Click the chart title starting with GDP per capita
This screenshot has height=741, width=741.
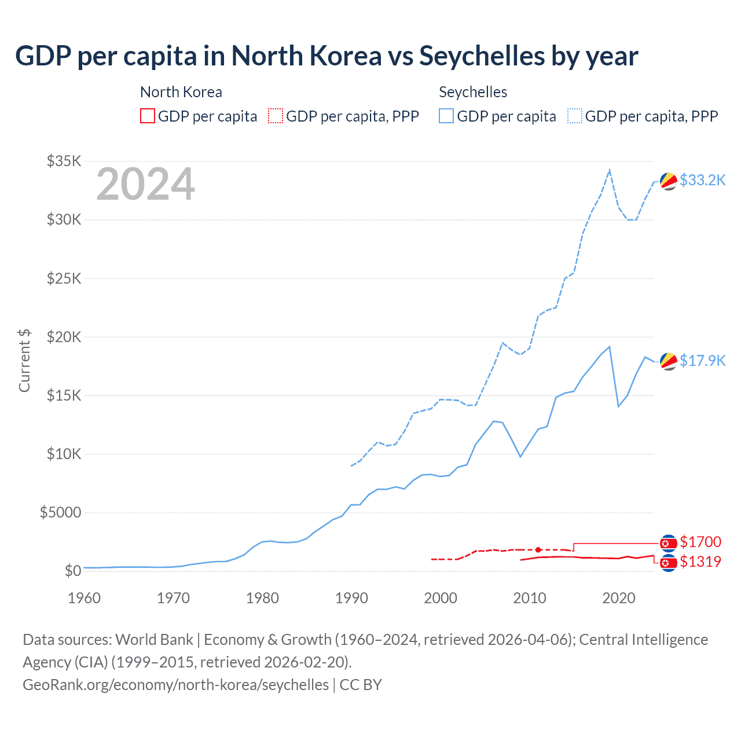(327, 56)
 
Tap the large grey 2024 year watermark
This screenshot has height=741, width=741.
(145, 185)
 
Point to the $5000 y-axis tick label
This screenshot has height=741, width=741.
(60, 512)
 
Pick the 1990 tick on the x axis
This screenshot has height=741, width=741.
(351, 598)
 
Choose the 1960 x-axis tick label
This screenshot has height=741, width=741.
(85, 598)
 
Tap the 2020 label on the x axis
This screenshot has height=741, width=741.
(618, 598)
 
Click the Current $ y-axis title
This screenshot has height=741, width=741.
(24, 360)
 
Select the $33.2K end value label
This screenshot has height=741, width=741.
(702, 181)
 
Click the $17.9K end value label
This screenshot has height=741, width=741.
(702, 361)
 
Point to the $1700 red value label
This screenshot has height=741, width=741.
(700, 542)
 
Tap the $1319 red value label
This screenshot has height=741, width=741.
(700, 562)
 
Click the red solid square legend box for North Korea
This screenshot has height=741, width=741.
(148, 116)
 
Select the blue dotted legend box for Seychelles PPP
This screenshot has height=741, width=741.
(575, 116)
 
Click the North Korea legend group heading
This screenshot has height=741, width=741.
(181, 92)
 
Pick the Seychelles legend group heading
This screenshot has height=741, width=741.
(473, 92)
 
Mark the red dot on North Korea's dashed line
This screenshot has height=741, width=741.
(538, 549)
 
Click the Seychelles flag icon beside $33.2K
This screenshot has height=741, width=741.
(669, 181)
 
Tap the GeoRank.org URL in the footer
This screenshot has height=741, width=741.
(175, 685)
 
